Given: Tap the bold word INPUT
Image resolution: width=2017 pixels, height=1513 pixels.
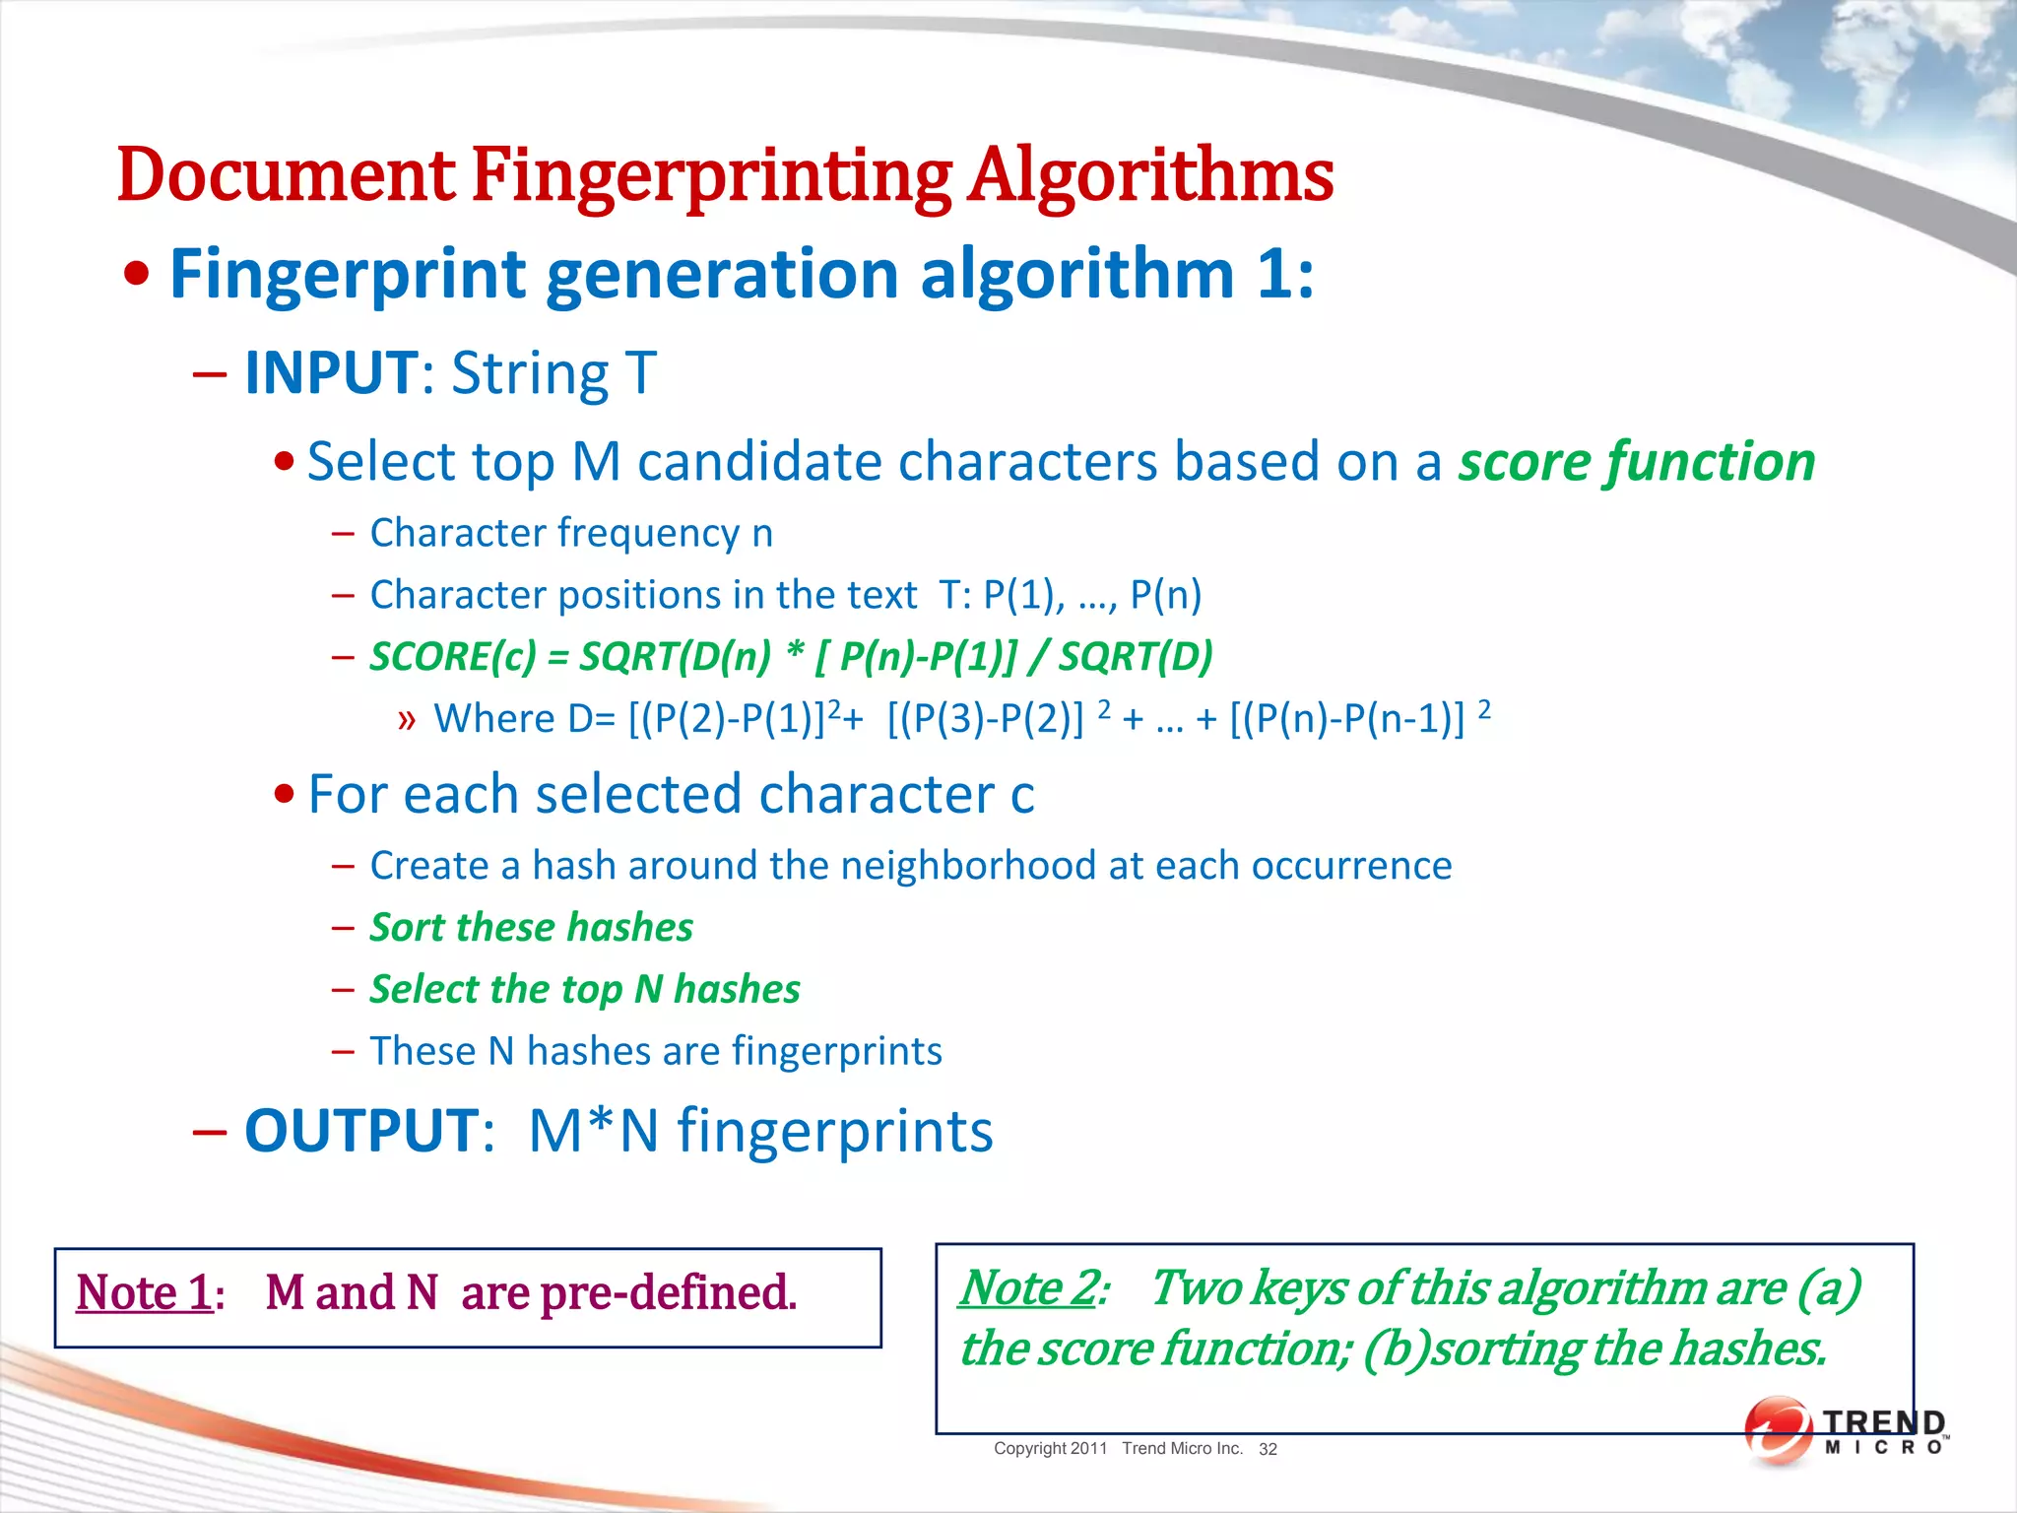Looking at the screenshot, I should pyautogui.click(x=331, y=373).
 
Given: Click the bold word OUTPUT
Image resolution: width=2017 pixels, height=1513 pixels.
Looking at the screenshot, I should pyautogui.click(x=361, y=1131).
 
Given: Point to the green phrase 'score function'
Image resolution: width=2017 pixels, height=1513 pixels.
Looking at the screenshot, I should pyautogui.click(x=1636, y=462).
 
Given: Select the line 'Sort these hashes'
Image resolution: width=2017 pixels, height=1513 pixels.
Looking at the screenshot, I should pyautogui.click(x=531, y=928).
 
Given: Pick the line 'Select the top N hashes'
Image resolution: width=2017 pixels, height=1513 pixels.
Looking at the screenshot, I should pyautogui.click(x=585, y=990).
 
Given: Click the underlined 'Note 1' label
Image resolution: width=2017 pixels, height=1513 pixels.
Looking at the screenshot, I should pyautogui.click(x=144, y=1292).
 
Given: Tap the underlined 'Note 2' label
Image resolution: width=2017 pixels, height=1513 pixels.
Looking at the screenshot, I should pyautogui.click(x=1026, y=1287).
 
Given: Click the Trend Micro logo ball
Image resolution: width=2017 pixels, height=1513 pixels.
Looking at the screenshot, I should pyautogui.click(x=1777, y=1429).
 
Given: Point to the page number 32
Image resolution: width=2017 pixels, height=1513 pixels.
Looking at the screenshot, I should pyautogui.click(x=1268, y=1449).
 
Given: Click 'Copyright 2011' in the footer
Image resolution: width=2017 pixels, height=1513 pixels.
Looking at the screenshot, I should pyautogui.click(x=1050, y=1448).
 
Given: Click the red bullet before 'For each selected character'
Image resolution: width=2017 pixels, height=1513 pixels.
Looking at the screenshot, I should pyautogui.click(x=285, y=795).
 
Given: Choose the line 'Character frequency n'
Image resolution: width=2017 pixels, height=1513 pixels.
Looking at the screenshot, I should pyautogui.click(x=571, y=533).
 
